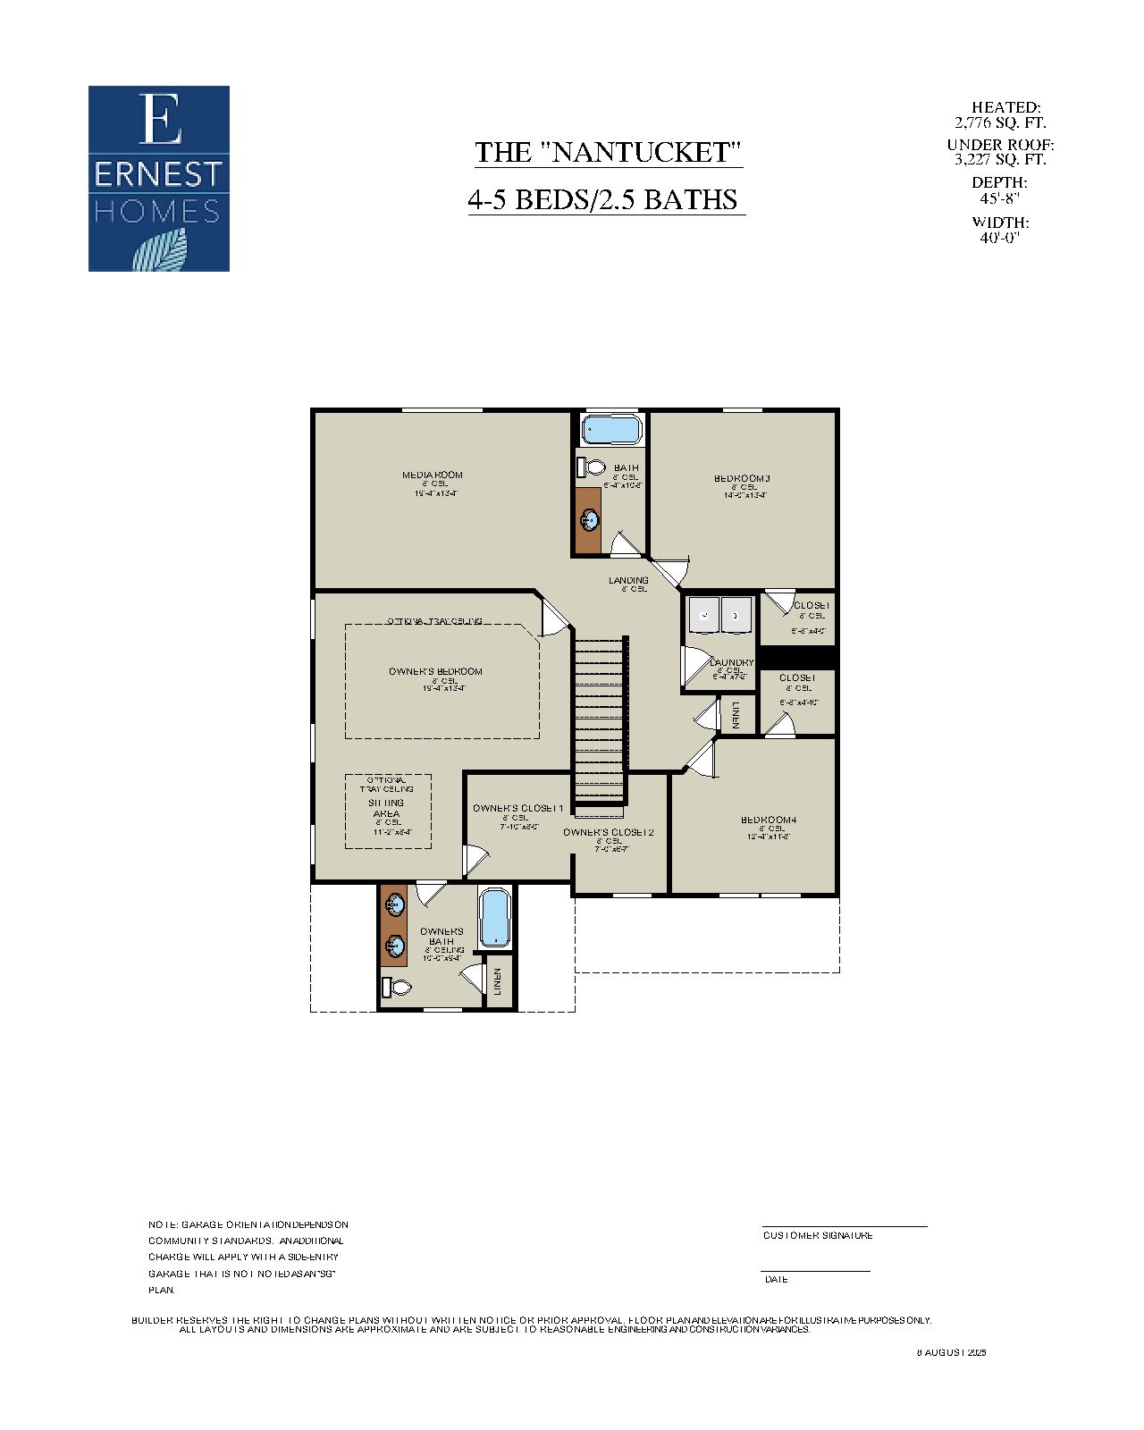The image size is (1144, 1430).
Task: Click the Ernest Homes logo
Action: point(159,179)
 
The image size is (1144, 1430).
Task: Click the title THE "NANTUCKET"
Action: point(608,152)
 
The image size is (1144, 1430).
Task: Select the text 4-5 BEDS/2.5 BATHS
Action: point(605,199)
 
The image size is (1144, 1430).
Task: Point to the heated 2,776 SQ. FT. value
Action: point(1000,123)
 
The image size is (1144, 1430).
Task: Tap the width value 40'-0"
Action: point(999,238)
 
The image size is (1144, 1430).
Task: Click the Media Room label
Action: point(433,475)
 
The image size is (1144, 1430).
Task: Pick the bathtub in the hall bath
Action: point(612,431)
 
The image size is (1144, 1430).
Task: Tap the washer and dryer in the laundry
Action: point(720,615)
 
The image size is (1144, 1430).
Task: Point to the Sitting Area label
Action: point(386,808)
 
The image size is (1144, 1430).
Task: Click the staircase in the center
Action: point(601,715)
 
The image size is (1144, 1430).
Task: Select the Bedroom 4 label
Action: point(769,820)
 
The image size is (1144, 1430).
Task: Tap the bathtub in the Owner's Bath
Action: point(494,918)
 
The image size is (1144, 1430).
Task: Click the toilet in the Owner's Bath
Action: point(396,988)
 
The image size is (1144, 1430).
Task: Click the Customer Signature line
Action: point(844,1227)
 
